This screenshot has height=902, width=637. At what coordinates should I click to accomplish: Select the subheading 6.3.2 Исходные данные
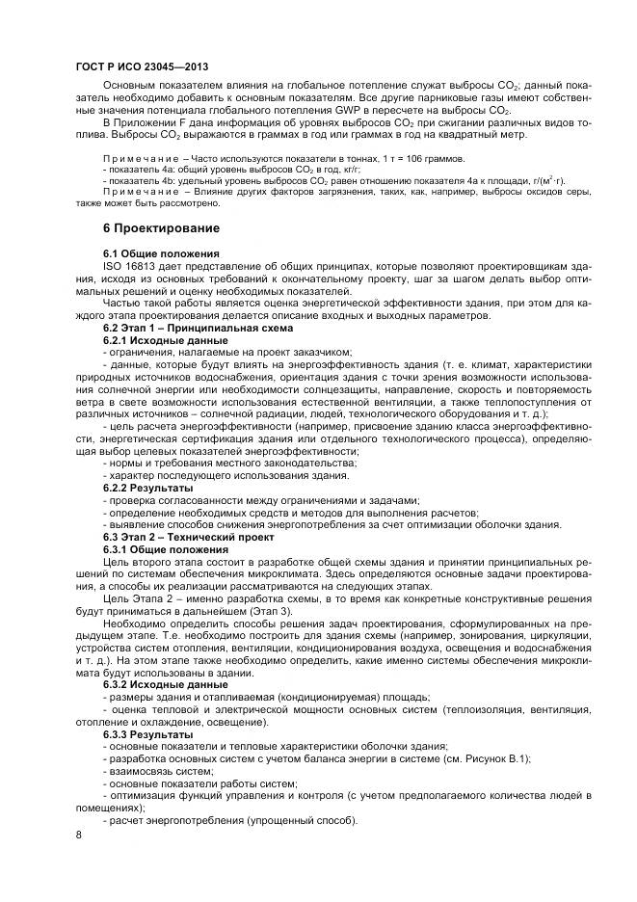(x=166, y=684)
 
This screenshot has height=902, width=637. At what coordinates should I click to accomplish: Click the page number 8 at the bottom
(x=78, y=835)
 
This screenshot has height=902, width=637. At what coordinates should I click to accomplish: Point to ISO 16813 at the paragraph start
(x=131, y=265)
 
